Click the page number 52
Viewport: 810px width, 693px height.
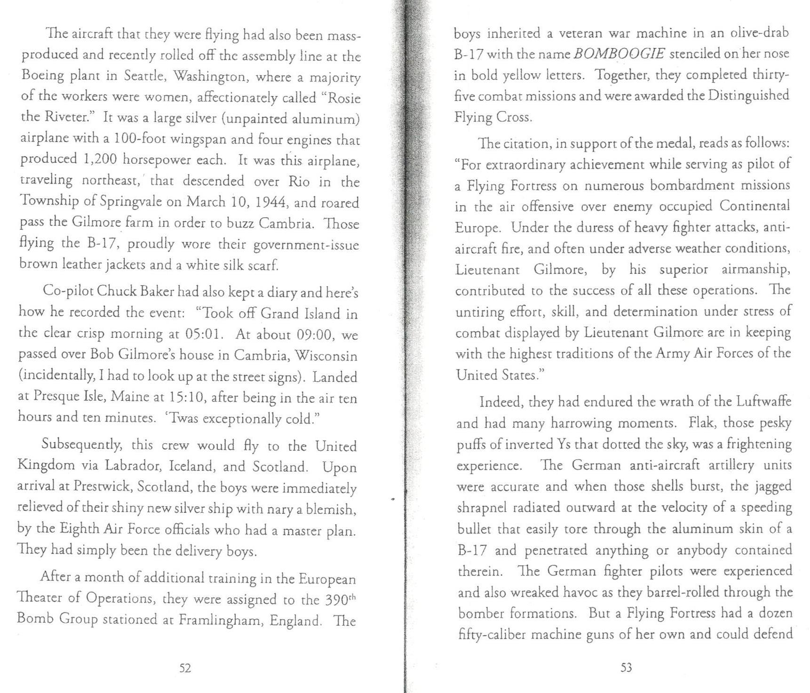[185, 668]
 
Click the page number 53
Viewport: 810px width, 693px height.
[626, 668]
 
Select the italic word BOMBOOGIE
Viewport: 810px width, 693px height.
[619, 54]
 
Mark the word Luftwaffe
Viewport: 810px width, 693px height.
[763, 401]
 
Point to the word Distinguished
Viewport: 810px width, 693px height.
[749, 96]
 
